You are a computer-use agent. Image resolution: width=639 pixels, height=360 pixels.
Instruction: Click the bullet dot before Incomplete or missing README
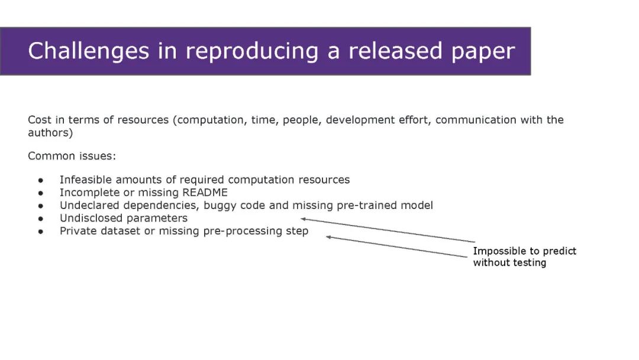click(41, 193)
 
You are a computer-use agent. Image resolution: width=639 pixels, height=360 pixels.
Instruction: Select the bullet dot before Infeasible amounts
click(41, 180)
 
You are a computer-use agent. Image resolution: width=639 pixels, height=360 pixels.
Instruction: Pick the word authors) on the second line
click(50, 133)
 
